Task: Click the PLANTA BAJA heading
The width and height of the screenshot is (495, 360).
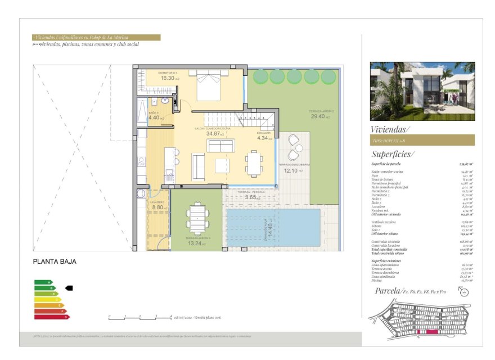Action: (54, 261)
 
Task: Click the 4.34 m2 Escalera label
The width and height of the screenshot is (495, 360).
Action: (264, 138)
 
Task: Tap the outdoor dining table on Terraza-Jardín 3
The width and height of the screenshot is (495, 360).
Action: (197, 217)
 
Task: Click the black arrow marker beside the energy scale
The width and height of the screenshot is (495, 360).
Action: (69, 287)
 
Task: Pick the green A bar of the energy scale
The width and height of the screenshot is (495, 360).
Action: (43, 282)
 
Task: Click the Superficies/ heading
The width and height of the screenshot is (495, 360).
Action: (392, 154)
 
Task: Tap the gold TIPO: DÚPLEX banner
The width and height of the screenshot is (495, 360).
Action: (422, 140)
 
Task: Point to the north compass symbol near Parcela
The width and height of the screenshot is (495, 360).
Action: (464, 291)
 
